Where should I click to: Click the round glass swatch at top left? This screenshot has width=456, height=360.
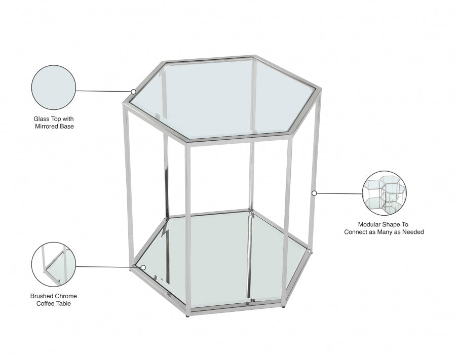click(54, 88)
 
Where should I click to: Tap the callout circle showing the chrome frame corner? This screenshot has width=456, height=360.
click(54, 264)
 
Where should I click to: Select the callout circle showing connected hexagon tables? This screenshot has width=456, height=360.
click(385, 193)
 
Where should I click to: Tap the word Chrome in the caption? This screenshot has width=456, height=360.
click(66, 296)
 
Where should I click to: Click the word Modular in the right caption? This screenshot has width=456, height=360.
click(369, 225)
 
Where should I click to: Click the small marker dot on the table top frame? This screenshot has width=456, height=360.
click(133, 92)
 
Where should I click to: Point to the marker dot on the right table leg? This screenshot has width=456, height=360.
click(314, 193)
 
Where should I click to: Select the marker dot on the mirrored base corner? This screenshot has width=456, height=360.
click(143, 267)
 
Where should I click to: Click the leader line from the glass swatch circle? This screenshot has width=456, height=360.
click(103, 91)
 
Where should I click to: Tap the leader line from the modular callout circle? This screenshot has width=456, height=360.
click(339, 193)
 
